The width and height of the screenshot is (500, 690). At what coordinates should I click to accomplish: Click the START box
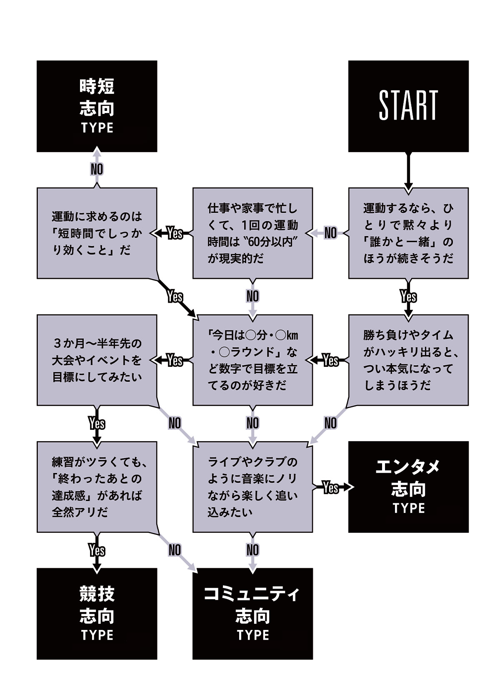[x=408, y=106]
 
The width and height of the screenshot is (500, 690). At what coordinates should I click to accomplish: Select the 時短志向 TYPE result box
[x=97, y=106]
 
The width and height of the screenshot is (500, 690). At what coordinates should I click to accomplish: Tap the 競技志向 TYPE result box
[x=97, y=613]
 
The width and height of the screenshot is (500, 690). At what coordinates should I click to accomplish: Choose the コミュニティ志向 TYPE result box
[x=252, y=613]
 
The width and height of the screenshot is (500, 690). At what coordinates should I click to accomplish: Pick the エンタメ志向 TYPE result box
[x=408, y=487]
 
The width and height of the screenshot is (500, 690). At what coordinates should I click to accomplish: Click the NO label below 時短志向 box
[x=97, y=169]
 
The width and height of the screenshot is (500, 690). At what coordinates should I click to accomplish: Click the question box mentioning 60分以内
[x=252, y=233]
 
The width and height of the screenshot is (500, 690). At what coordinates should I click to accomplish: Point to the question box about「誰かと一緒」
[x=408, y=233]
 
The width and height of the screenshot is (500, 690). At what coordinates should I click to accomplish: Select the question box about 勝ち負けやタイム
[x=408, y=360]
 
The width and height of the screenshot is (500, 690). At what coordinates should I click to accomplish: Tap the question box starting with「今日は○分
[x=252, y=360]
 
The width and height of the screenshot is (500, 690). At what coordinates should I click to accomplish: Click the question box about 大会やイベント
[x=97, y=360]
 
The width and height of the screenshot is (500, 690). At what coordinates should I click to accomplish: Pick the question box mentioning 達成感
[x=97, y=487]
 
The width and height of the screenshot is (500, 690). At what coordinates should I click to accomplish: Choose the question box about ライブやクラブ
[x=252, y=487]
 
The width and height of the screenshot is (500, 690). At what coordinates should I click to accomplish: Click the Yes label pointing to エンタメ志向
[x=330, y=487]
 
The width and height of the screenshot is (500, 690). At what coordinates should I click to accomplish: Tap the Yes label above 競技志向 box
[x=97, y=550]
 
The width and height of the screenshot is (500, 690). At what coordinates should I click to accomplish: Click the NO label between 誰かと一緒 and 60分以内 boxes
[x=330, y=233]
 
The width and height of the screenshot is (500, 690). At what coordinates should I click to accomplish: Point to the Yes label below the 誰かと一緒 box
[x=408, y=296]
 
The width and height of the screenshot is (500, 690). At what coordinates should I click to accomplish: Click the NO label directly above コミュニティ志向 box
[x=252, y=550]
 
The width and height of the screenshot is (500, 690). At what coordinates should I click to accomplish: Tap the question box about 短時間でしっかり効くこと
[x=97, y=233]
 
